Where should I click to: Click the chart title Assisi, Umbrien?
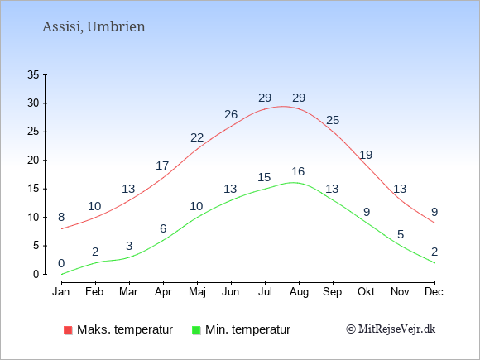pos(94,27)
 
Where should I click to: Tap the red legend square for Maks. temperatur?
pos(68,330)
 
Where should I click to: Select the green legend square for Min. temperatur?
pos(196,330)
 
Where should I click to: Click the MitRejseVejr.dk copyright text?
pos(391,329)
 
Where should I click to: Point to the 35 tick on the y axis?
pos(33,74)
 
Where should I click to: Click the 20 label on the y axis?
pos(33,160)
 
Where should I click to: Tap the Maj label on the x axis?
pos(197,292)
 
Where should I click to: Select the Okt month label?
pos(367,292)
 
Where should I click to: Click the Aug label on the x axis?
pos(299,292)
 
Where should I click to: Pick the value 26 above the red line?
pos(231,114)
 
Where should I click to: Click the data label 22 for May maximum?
pos(197,137)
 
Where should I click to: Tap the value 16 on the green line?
pos(298,171)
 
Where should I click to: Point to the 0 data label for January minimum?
pos(61,263)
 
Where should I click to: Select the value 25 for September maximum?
pos(333,120)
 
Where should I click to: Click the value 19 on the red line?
pos(366,155)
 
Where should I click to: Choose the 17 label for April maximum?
pos(162,166)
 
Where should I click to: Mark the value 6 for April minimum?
pos(163,228)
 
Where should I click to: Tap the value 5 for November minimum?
pos(401,234)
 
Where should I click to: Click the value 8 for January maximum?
pos(61,217)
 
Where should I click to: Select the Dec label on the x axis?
pos(434,292)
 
